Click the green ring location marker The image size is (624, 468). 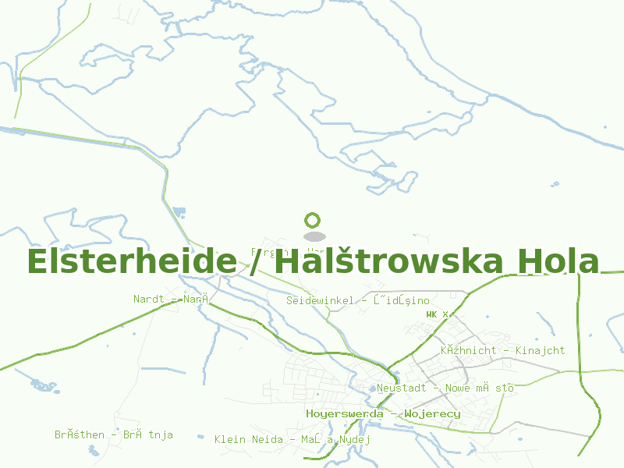[313, 221]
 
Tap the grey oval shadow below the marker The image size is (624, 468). [314, 236]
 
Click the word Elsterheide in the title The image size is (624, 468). [132, 261]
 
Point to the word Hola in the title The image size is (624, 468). [558, 261]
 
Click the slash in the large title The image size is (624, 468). [258, 261]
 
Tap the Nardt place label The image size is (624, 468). [147, 299]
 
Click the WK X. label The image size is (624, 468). [438, 314]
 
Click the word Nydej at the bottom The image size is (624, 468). [354, 440]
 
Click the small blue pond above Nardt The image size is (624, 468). [179, 211]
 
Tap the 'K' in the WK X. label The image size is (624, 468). [434, 314]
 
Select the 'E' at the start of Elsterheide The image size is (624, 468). [37, 261]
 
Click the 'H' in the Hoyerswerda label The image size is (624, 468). [310, 413]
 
